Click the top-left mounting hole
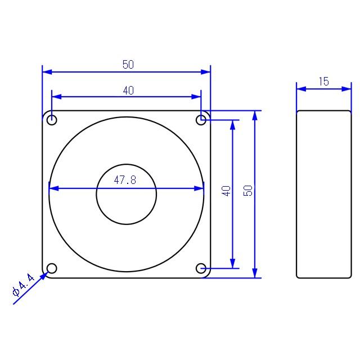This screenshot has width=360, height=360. [x=52, y=120]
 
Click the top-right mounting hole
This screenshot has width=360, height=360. [x=201, y=119]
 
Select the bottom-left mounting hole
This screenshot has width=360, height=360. [x=52, y=268]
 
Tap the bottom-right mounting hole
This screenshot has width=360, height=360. [x=201, y=268]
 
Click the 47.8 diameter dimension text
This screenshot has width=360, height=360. [x=126, y=180]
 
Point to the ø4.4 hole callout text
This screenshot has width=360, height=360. [x=23, y=283]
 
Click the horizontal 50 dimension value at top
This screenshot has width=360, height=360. [x=128, y=65]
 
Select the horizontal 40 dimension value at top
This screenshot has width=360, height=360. [x=128, y=90]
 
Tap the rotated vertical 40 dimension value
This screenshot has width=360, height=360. [x=226, y=191]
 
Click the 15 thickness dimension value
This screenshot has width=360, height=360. [x=323, y=82]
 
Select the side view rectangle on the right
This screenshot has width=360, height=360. [x=323, y=194]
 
